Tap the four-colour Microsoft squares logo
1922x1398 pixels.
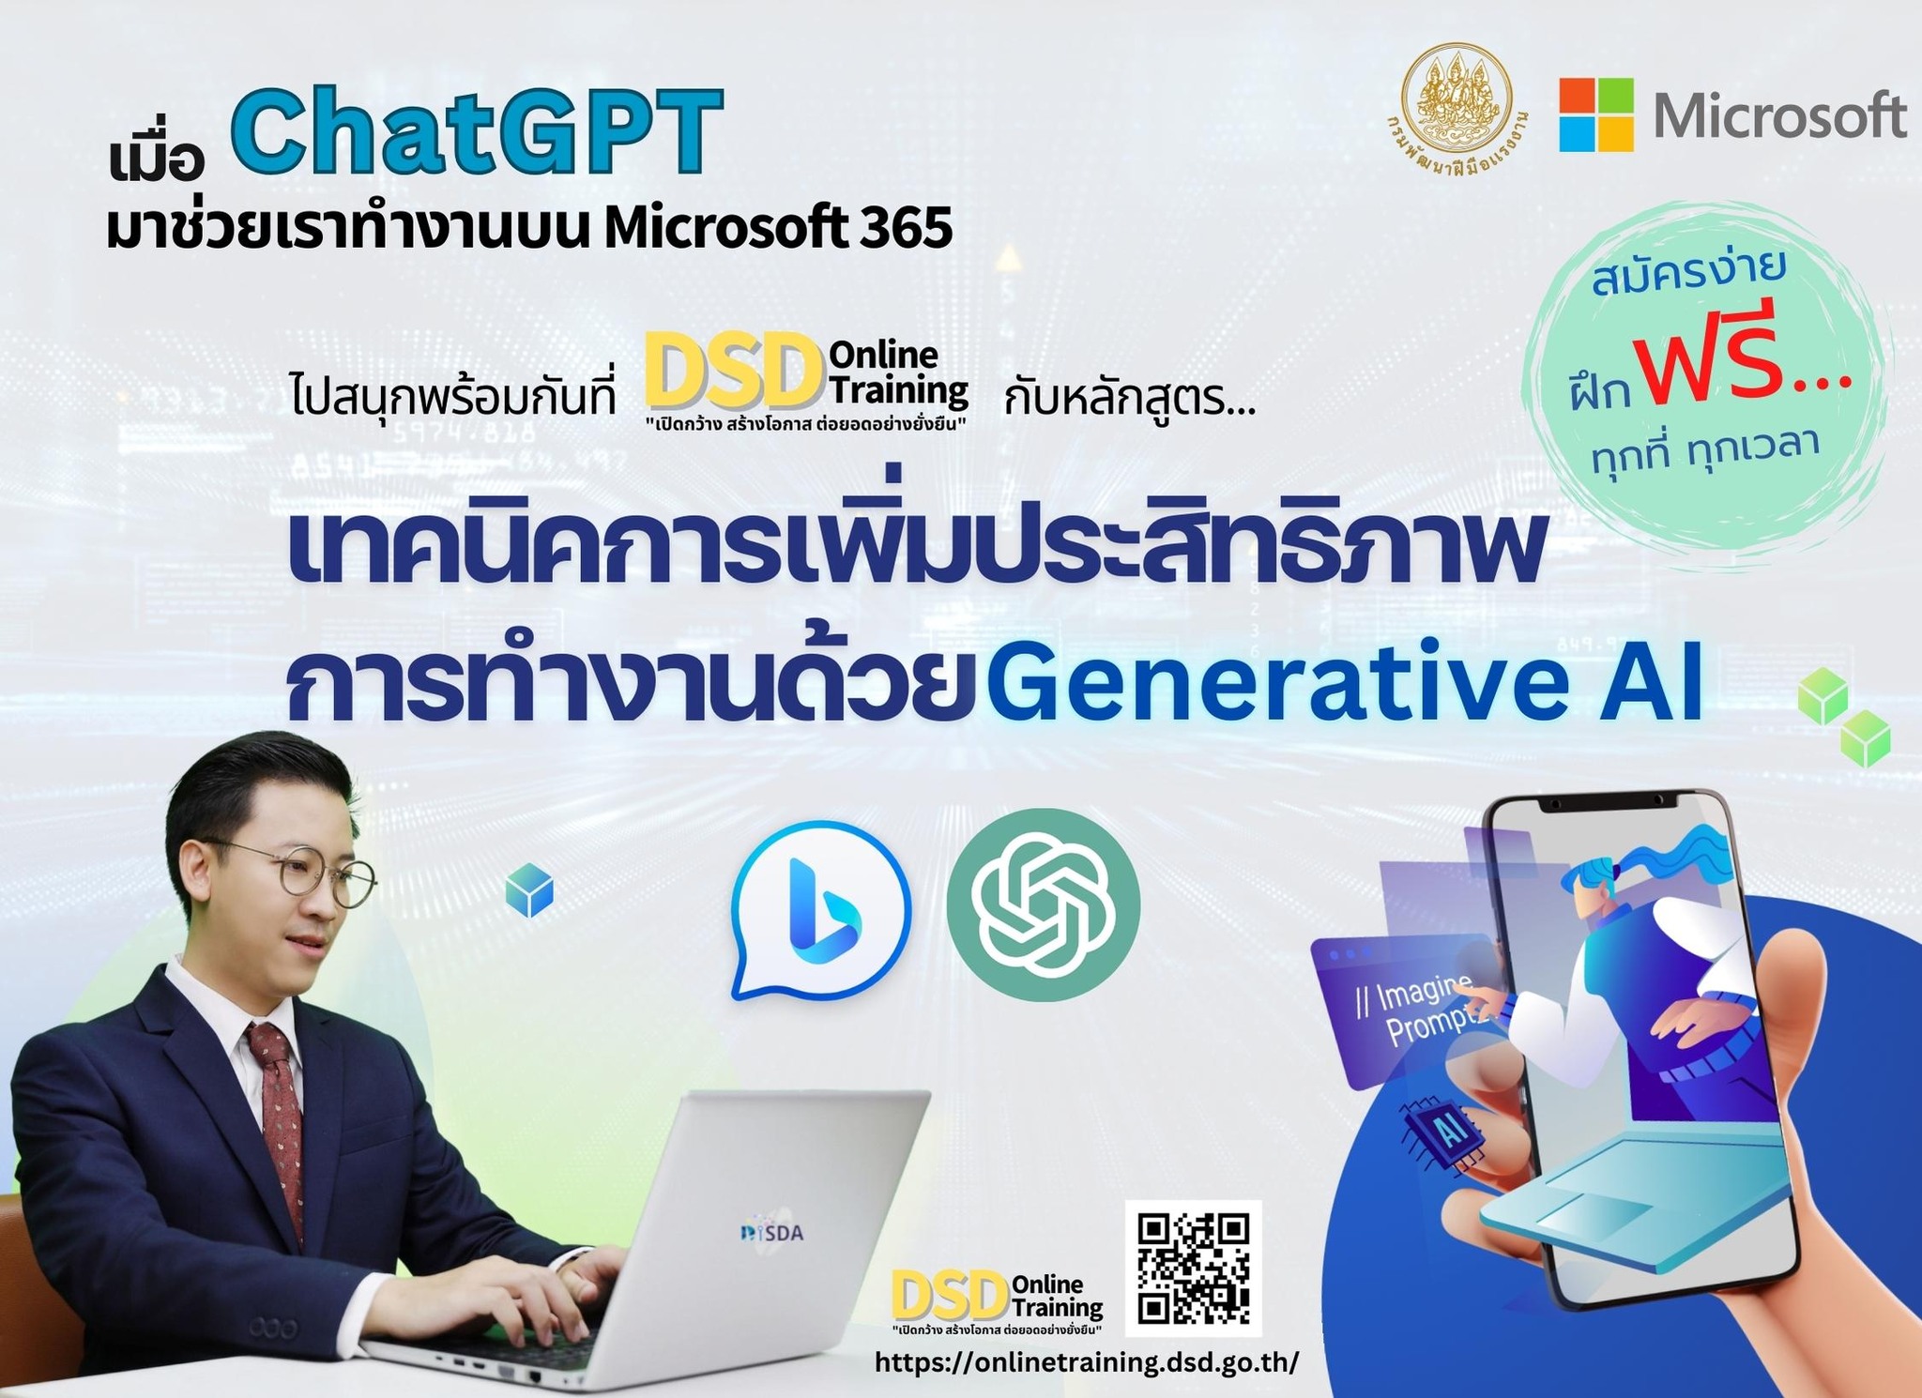click(1596, 114)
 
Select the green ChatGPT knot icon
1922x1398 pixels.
click(1043, 905)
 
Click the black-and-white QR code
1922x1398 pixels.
click(1194, 1269)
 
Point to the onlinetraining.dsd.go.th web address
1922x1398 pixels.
click(1087, 1363)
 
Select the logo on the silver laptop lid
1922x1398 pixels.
click(772, 1232)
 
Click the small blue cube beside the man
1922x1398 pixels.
click(529, 891)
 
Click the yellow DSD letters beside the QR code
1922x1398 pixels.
click(950, 1297)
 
